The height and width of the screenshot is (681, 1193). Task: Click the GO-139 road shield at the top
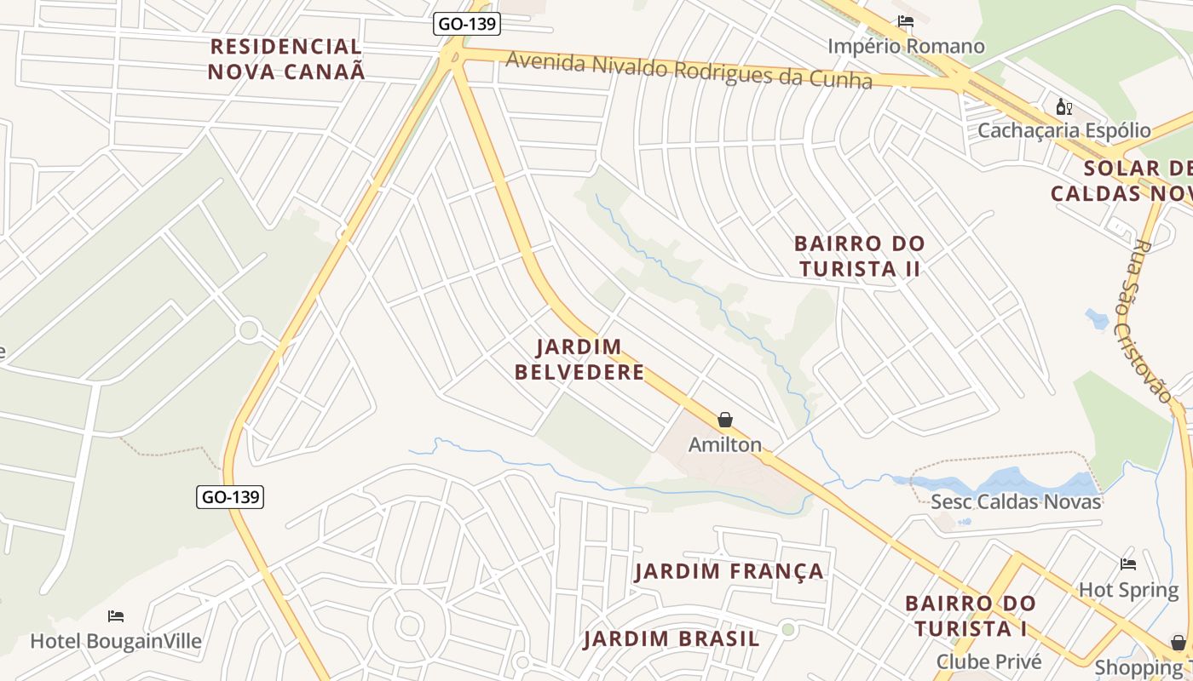point(466,24)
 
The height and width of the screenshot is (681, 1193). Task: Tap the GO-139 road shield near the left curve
point(230,496)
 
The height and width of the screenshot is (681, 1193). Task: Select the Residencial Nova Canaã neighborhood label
point(286,59)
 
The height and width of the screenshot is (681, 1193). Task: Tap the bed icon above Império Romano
point(905,21)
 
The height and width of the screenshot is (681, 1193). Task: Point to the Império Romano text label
point(906,46)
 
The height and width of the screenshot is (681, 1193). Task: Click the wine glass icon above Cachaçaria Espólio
point(1063,106)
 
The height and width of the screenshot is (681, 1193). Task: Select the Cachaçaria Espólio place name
point(1063,130)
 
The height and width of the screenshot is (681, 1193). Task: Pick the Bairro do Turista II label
point(859,255)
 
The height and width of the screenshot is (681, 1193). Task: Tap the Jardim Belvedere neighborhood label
point(591,359)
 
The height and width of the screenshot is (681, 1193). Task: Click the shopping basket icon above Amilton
point(725,420)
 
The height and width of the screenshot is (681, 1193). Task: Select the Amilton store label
point(725,444)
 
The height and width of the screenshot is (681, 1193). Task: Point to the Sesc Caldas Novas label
point(1016,501)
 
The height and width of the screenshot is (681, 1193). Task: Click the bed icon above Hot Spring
point(1128,564)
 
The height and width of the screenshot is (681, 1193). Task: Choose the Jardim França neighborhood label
point(729,571)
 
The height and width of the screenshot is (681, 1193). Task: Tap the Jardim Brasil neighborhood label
point(671,638)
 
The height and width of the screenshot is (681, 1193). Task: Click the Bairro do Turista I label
point(971,616)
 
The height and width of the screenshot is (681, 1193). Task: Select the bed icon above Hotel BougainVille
point(116,616)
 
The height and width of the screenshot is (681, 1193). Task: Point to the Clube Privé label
point(988,661)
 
